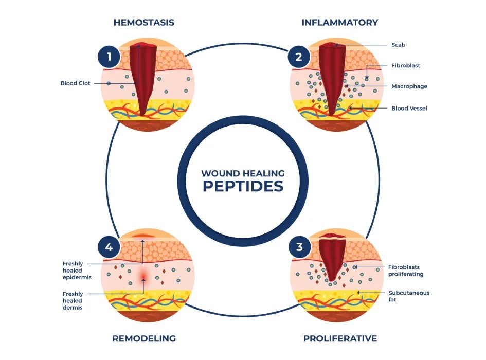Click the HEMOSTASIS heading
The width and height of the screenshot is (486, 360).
pos(144,23)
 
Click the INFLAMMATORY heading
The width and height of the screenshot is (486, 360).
pos(339,23)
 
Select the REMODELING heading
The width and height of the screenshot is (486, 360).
pos(144,338)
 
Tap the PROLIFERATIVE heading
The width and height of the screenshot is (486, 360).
pos(340,338)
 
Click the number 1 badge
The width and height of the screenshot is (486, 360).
pos(109,57)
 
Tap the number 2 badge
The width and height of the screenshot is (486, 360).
pos(299,57)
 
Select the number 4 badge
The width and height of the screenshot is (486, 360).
pos(109,247)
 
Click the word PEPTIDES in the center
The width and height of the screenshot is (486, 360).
pos(243,186)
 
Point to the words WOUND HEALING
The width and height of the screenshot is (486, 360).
pos(243,173)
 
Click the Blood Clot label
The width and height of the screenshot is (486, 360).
pos(75,83)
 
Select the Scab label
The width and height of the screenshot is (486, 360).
pos(398,45)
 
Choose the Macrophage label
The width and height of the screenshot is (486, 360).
pos(409,86)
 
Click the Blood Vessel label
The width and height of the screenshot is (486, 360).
pos(409,108)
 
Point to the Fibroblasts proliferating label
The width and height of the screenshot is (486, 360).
pos(406,271)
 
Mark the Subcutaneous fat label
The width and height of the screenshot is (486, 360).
pos(408,296)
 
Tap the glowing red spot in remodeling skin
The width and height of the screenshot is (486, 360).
pos(143,278)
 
